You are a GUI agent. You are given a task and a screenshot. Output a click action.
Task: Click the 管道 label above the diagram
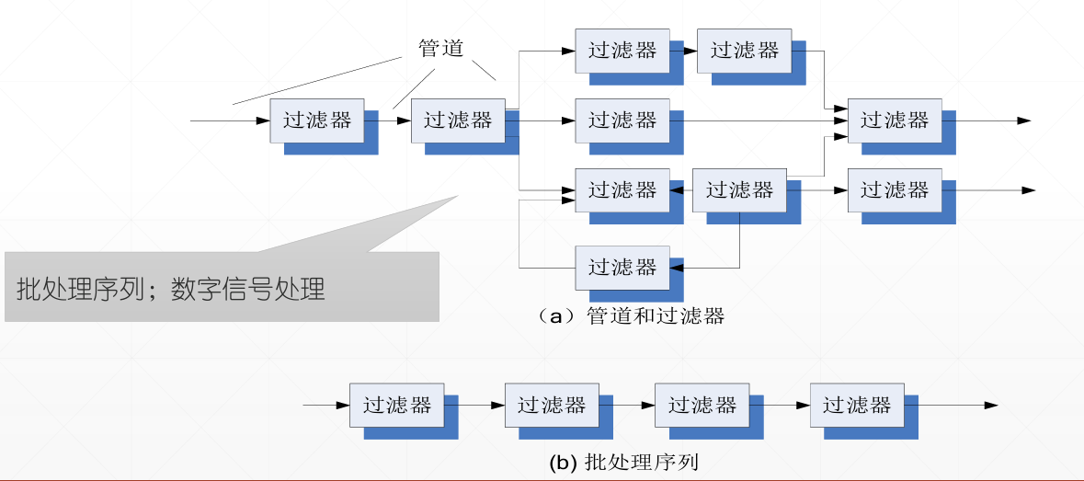[440, 49]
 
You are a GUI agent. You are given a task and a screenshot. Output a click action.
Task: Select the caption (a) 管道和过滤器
[633, 315]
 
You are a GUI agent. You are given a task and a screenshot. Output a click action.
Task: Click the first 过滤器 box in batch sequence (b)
[396, 405]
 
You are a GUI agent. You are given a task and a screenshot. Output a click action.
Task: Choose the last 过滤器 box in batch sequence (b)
[856, 405]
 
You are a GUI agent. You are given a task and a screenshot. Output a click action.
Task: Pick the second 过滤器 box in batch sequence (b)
[551, 405]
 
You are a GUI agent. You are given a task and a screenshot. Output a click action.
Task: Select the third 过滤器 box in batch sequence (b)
[702, 405]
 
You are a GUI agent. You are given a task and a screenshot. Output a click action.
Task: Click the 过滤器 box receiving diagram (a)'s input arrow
[316, 120]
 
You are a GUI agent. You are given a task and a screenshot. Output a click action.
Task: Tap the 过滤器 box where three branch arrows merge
[894, 120]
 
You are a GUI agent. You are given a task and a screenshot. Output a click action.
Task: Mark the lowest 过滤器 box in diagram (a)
[622, 268]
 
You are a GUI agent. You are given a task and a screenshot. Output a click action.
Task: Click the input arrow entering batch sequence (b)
[326, 405]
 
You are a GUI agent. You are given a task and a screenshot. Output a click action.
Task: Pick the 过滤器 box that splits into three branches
[457, 120]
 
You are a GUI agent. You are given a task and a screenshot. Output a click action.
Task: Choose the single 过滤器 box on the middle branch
[622, 120]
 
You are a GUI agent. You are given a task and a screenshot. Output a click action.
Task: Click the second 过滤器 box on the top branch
[744, 51]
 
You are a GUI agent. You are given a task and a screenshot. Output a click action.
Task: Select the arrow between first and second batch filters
[474, 405]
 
